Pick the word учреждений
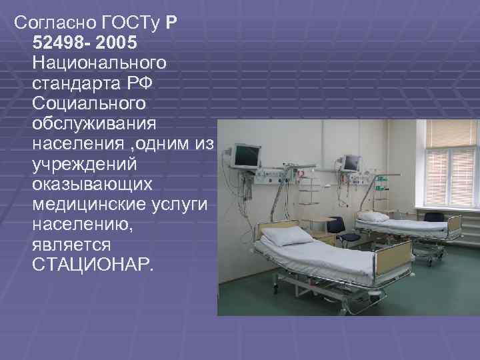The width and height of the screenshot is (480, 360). [x=83, y=163]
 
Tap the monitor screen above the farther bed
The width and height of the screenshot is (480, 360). [x=350, y=162]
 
